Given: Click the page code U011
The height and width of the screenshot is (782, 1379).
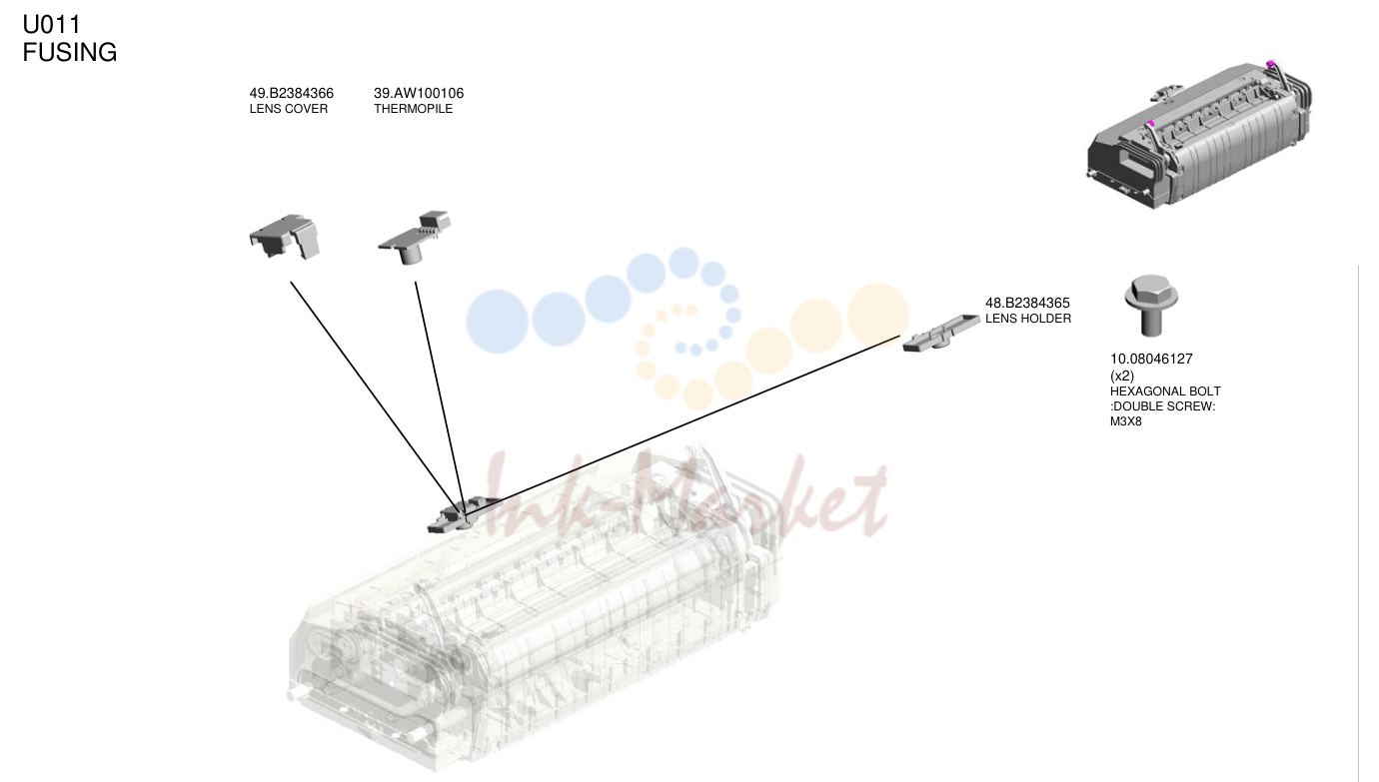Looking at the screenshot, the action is tap(51, 25).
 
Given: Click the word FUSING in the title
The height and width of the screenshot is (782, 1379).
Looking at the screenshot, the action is tap(70, 53).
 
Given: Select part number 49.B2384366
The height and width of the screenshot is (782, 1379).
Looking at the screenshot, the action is tap(291, 94).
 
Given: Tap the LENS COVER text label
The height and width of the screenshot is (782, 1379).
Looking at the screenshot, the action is tap(288, 109).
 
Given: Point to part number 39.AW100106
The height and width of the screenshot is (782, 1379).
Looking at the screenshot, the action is tap(419, 94).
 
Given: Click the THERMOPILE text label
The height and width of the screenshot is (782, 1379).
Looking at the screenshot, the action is tap(413, 109).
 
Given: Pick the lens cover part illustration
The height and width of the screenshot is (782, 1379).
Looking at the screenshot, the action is tap(285, 237).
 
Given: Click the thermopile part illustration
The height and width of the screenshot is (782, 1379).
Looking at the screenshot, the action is tap(415, 238).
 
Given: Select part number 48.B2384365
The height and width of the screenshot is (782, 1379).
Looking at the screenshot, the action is tap(1027, 304).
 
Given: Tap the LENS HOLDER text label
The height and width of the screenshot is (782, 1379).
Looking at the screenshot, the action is tap(1028, 319).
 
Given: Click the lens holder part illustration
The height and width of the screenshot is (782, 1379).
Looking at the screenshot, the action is tap(941, 333).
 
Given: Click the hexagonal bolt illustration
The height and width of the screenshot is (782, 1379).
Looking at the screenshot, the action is tap(1150, 306).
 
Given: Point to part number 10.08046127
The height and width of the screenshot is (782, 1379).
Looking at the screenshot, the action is tap(1151, 360).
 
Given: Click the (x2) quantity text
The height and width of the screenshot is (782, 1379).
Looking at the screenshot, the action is tap(1121, 376).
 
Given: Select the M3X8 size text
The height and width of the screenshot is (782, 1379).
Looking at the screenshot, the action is tap(1125, 422).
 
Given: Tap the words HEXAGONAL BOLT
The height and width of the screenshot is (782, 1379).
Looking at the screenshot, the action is tap(1165, 391).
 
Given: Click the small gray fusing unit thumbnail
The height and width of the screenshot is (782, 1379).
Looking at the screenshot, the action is tap(1199, 135).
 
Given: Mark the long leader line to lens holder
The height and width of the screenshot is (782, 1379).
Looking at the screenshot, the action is tap(683, 425).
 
